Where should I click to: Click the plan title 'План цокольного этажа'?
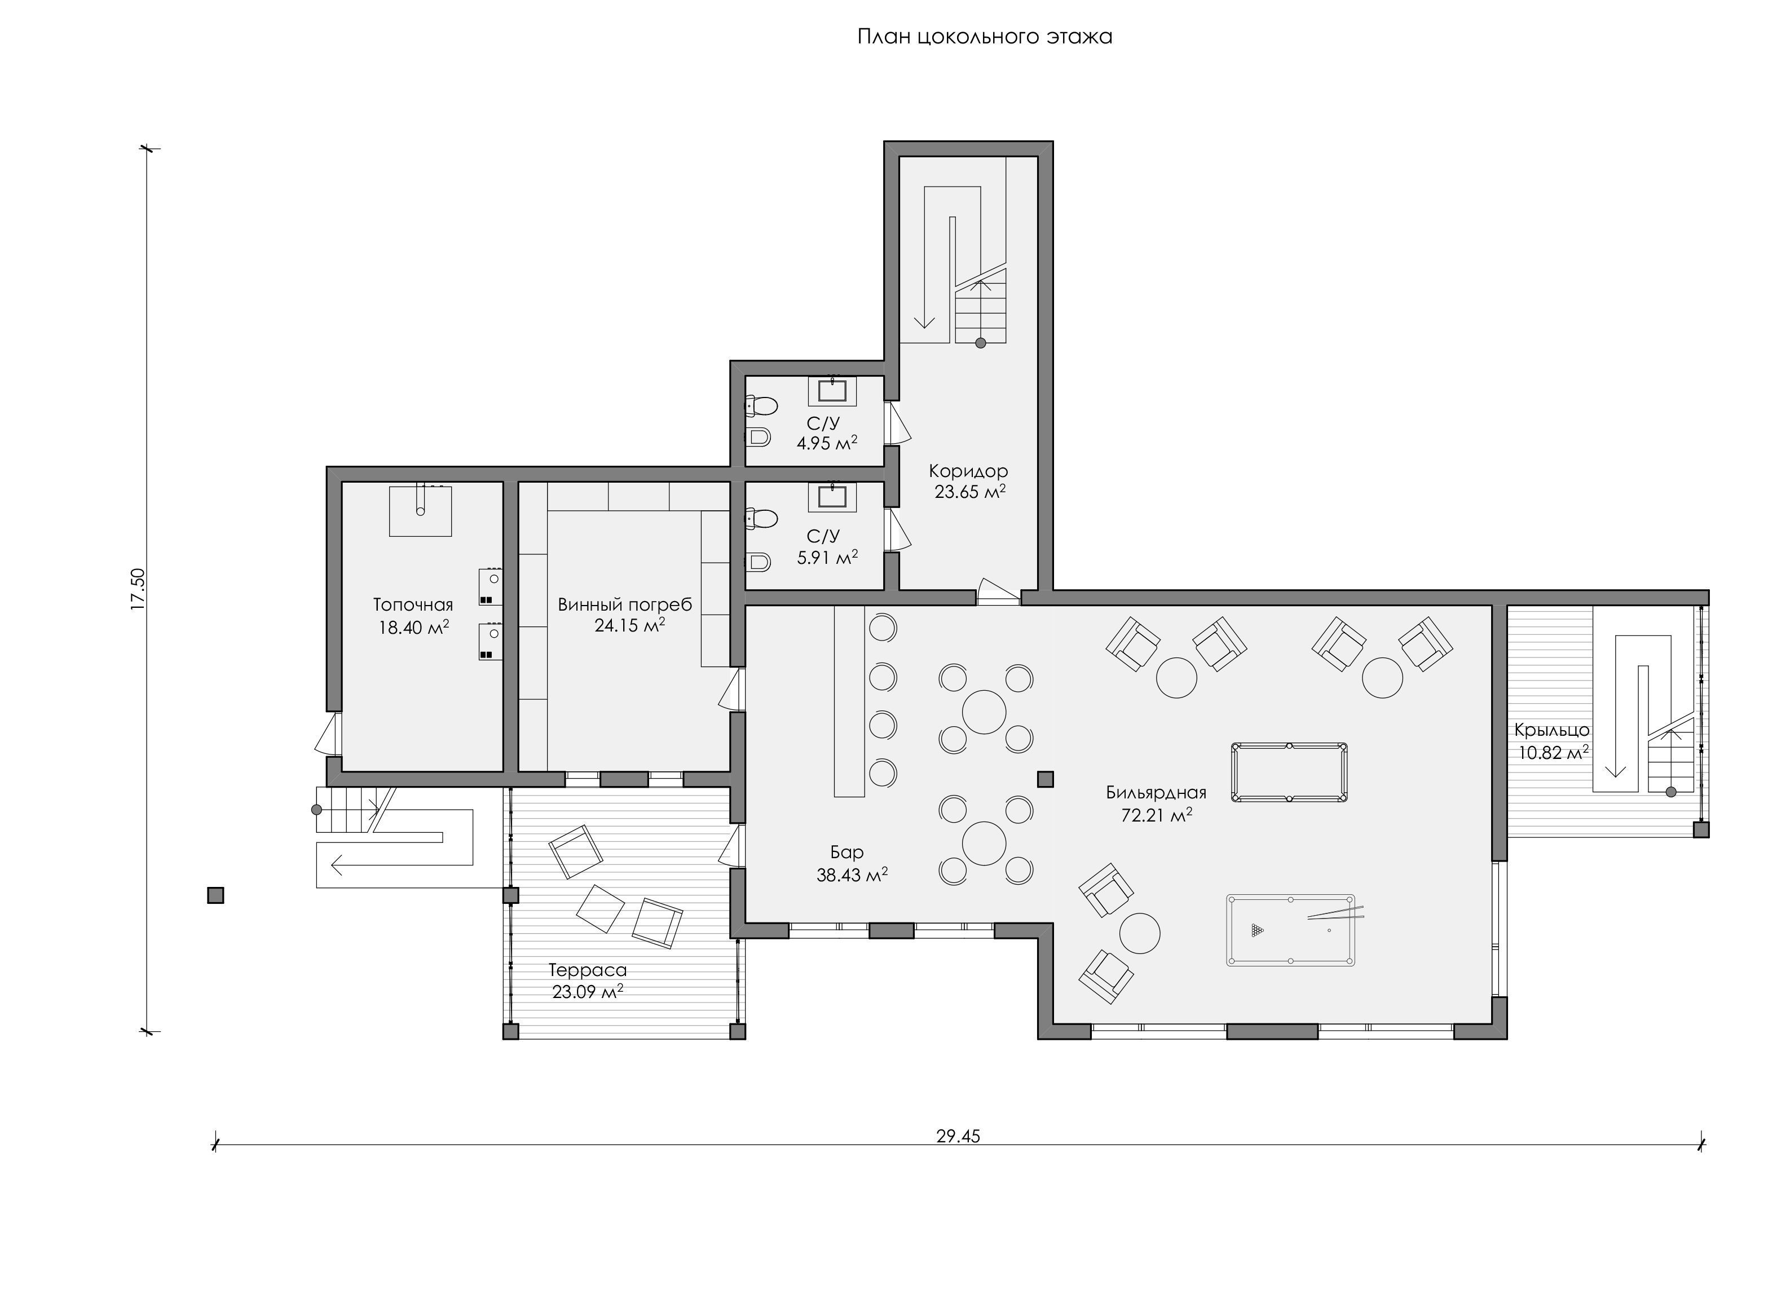[x=985, y=37]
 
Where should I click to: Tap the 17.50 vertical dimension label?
[x=139, y=589]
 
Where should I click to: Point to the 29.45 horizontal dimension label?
[x=958, y=1136]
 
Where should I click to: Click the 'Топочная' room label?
[x=413, y=605]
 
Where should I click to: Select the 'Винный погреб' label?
[x=624, y=605]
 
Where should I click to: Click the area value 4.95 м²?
[x=826, y=443]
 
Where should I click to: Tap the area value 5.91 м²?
[x=827, y=557]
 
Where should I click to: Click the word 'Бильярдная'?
[x=1156, y=793]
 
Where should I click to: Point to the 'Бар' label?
[x=847, y=852]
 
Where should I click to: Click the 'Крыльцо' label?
[x=1552, y=730]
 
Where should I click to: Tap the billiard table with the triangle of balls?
[x=1290, y=930]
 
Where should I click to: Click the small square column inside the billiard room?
[x=1046, y=779]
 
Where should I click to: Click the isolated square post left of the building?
[x=215, y=895]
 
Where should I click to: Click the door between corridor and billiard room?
[x=998, y=592]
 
